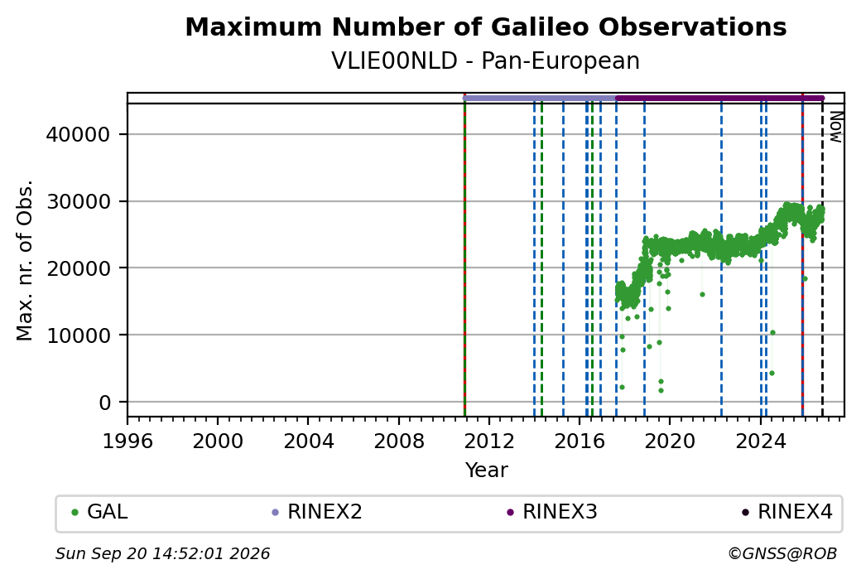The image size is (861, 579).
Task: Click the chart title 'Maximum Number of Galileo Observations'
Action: pyautogui.click(x=485, y=27)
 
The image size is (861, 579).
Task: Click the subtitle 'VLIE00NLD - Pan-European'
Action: pyautogui.click(x=485, y=61)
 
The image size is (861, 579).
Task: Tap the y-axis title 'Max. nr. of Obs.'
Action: pyautogui.click(x=25, y=260)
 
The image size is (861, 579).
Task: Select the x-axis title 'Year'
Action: pyautogui.click(x=487, y=470)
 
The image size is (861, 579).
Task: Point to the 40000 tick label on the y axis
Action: pyautogui.click(x=79, y=134)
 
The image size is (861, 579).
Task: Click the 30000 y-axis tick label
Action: pyautogui.click(x=79, y=201)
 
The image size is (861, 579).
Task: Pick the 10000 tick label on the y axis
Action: pyautogui.click(x=79, y=335)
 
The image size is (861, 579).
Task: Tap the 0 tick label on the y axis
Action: pyautogui.click(x=105, y=403)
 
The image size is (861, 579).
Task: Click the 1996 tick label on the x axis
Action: pyautogui.click(x=127, y=441)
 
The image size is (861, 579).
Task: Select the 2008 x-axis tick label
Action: pyautogui.click(x=399, y=441)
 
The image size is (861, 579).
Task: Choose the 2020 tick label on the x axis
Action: pyautogui.click(x=671, y=441)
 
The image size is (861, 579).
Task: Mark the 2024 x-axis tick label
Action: pyautogui.click(x=761, y=441)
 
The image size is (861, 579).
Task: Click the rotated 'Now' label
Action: pyautogui.click(x=835, y=127)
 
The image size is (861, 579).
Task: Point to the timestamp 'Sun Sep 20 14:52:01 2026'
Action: pyautogui.click(x=162, y=553)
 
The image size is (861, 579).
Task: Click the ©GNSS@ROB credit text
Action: pyautogui.click(x=782, y=553)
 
